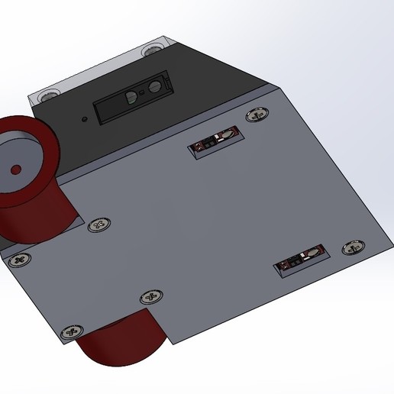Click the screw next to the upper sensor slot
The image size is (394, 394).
[258, 114]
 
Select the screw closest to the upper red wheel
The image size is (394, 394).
[98, 224]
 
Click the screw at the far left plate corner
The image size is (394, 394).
[20, 260]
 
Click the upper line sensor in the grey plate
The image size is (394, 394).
[216, 141]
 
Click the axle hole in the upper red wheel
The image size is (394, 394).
[15, 168]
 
